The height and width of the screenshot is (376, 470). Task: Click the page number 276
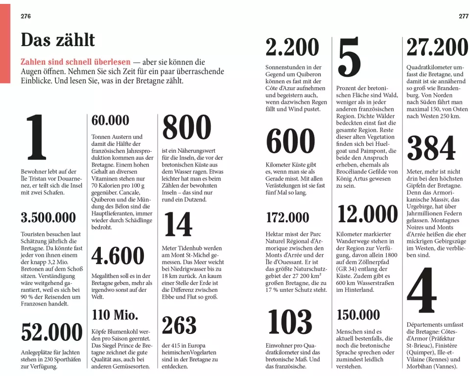[25, 16]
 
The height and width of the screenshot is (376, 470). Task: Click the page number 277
[463, 16]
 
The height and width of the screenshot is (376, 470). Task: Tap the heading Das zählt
[58, 40]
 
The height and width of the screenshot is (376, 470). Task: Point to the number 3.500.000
[48, 217]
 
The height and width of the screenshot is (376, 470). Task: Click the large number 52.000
[52, 332]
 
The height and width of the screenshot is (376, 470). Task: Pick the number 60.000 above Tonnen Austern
[110, 120]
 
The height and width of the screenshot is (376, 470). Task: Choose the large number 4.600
[118, 256]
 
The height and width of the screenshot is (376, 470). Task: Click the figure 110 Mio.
[115, 314]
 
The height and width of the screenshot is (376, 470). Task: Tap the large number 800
[187, 129]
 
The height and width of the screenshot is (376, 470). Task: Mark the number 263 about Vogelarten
[179, 326]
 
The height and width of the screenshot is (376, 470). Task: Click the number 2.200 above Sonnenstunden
[292, 48]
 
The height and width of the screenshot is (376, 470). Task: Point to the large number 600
[290, 142]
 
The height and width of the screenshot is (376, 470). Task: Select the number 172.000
[287, 217]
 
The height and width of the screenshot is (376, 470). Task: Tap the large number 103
[290, 323]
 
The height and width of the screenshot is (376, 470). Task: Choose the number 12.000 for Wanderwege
[367, 214]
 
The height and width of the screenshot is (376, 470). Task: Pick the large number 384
[431, 148]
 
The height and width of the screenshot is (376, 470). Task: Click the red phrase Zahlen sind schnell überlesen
[75, 62]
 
